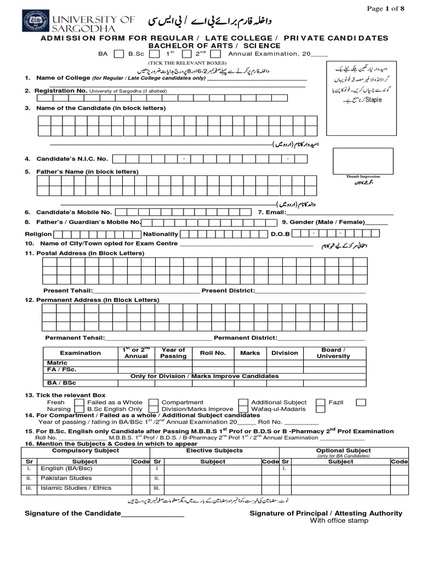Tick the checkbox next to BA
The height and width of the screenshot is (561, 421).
pos(118,54)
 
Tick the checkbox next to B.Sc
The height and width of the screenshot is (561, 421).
pos(155,54)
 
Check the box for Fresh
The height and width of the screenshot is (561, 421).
pos(79,403)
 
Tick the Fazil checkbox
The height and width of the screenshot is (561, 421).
pos(361,403)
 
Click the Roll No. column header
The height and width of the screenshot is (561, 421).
pos(213,353)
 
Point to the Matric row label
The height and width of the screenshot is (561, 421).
pos(58,363)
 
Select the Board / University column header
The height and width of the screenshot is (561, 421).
pos(333,353)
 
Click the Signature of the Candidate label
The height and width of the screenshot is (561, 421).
pos(72,513)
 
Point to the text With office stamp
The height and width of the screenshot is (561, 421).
pos(339,520)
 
